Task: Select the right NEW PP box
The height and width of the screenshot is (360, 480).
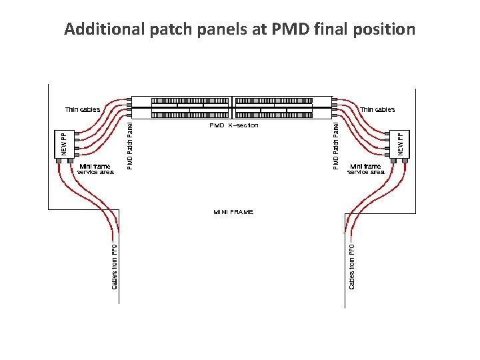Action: tap(401, 143)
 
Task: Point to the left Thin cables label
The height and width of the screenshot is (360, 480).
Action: tap(83, 109)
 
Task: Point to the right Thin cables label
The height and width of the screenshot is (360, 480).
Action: tap(377, 109)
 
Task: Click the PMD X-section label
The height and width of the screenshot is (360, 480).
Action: tap(234, 125)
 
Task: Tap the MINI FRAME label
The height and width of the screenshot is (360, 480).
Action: tap(233, 211)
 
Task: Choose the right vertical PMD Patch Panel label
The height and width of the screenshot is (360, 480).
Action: tap(336, 143)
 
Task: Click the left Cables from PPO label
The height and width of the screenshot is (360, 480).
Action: tap(115, 265)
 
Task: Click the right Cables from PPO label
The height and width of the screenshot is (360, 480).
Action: tap(351, 265)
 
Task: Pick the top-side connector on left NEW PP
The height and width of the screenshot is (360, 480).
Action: tap(77, 133)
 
